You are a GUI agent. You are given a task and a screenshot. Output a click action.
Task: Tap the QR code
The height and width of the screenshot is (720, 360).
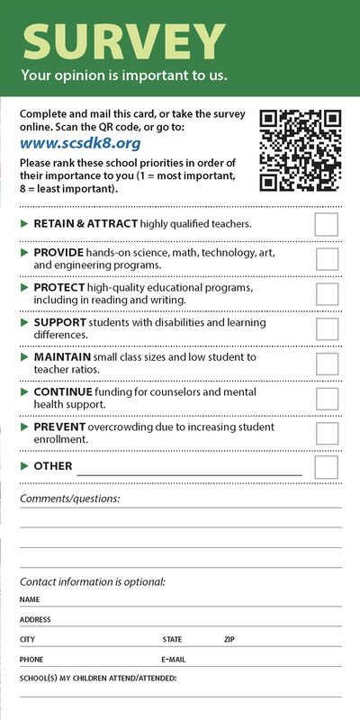(x=301, y=150)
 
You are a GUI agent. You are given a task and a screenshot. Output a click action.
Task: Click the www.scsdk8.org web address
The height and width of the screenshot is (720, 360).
(x=67, y=142)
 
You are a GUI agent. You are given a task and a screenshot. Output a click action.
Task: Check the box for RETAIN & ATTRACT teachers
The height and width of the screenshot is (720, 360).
(x=327, y=224)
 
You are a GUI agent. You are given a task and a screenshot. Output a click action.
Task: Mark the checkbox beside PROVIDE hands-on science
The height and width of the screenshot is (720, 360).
(x=327, y=259)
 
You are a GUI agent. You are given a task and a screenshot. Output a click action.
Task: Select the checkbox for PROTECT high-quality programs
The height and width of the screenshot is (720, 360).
(x=327, y=293)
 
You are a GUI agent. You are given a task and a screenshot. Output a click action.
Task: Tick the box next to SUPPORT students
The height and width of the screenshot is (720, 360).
(x=327, y=328)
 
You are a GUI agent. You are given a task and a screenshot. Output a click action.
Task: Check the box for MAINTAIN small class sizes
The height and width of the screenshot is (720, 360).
(x=327, y=363)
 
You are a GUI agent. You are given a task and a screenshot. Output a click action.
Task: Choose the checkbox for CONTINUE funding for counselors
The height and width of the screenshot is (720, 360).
(x=327, y=398)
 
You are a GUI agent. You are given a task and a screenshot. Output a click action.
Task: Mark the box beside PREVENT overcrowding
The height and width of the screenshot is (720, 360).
(x=327, y=433)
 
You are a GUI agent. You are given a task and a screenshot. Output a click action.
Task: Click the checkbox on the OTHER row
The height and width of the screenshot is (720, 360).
(x=327, y=467)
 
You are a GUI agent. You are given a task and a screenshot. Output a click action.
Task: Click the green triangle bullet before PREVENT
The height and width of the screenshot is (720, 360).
(x=25, y=427)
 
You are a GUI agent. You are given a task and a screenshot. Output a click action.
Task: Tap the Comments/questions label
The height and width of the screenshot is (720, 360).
(x=69, y=499)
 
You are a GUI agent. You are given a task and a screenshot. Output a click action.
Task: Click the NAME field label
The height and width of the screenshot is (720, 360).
(x=30, y=599)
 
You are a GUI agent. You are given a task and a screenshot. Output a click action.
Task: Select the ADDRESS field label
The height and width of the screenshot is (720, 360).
(x=35, y=619)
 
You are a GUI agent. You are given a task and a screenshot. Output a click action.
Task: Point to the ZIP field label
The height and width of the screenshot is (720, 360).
(x=229, y=639)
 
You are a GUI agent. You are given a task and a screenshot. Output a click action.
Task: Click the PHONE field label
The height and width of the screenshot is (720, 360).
(x=31, y=659)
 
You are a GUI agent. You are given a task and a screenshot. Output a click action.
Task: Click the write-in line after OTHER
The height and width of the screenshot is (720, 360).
(x=189, y=469)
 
